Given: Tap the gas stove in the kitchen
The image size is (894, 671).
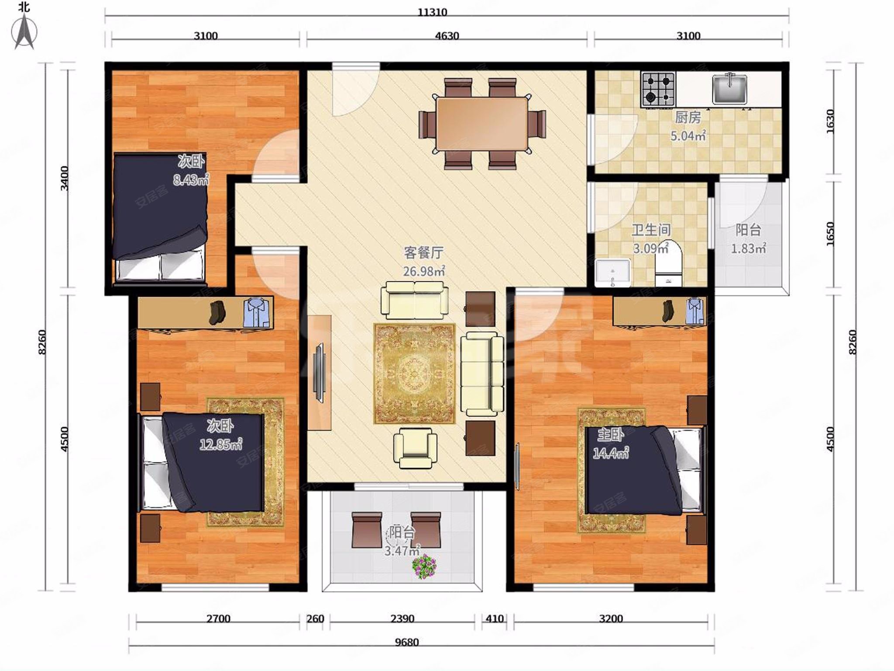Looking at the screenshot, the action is click(x=658, y=89).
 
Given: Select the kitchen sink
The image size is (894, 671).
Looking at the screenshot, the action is click(x=729, y=89).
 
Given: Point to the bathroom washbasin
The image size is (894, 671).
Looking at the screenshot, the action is click(x=612, y=272).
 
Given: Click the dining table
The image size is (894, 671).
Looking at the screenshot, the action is click(x=482, y=124).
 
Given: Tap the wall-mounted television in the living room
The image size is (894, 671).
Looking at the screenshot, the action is click(x=320, y=373).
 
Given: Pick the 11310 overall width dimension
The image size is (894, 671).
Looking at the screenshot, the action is click(x=432, y=12).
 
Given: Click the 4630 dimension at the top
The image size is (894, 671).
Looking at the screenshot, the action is click(x=447, y=35).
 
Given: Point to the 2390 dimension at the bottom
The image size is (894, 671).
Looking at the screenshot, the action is click(x=402, y=619).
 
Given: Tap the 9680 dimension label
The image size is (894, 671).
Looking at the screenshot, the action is click(x=406, y=642).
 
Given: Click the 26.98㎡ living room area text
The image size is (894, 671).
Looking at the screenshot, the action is click(x=424, y=271).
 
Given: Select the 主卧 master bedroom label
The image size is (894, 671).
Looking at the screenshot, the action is click(x=610, y=435).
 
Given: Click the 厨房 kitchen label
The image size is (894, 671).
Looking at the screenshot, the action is click(x=688, y=117).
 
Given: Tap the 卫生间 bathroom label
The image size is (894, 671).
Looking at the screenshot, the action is click(x=651, y=230).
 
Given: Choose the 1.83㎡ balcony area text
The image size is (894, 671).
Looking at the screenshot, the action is click(x=749, y=249).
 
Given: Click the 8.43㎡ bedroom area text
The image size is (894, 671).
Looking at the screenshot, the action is click(x=191, y=180).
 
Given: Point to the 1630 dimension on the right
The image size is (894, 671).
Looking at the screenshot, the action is click(x=830, y=121).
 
